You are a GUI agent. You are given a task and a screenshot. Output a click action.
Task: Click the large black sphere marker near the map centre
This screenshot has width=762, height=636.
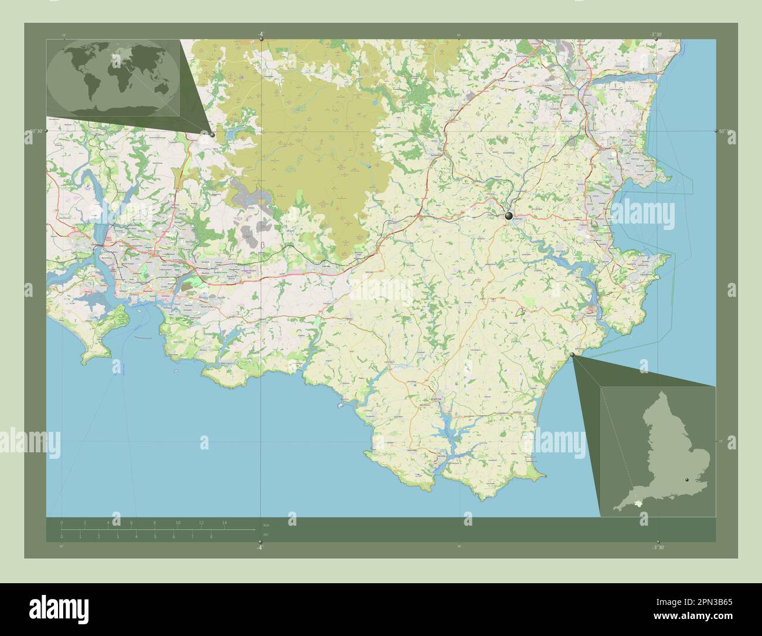[x=508, y=216]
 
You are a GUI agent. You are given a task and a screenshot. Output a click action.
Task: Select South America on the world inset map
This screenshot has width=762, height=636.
[x=92, y=84]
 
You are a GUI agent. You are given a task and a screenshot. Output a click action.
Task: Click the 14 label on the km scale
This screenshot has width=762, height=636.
[x=224, y=522]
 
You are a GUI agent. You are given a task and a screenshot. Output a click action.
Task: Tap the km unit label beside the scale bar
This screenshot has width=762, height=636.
[x=266, y=525]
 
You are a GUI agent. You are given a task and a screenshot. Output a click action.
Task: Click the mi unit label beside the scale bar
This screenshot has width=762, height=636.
[x=266, y=534]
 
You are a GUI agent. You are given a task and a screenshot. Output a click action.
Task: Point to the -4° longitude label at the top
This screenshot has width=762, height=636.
[x=261, y=34]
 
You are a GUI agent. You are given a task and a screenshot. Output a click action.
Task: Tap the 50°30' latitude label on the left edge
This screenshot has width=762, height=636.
[x=36, y=130]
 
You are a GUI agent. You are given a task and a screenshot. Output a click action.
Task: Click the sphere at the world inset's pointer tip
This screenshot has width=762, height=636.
[x=212, y=134]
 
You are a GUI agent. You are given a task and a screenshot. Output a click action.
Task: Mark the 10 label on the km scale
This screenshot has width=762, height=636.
[x=178, y=522]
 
